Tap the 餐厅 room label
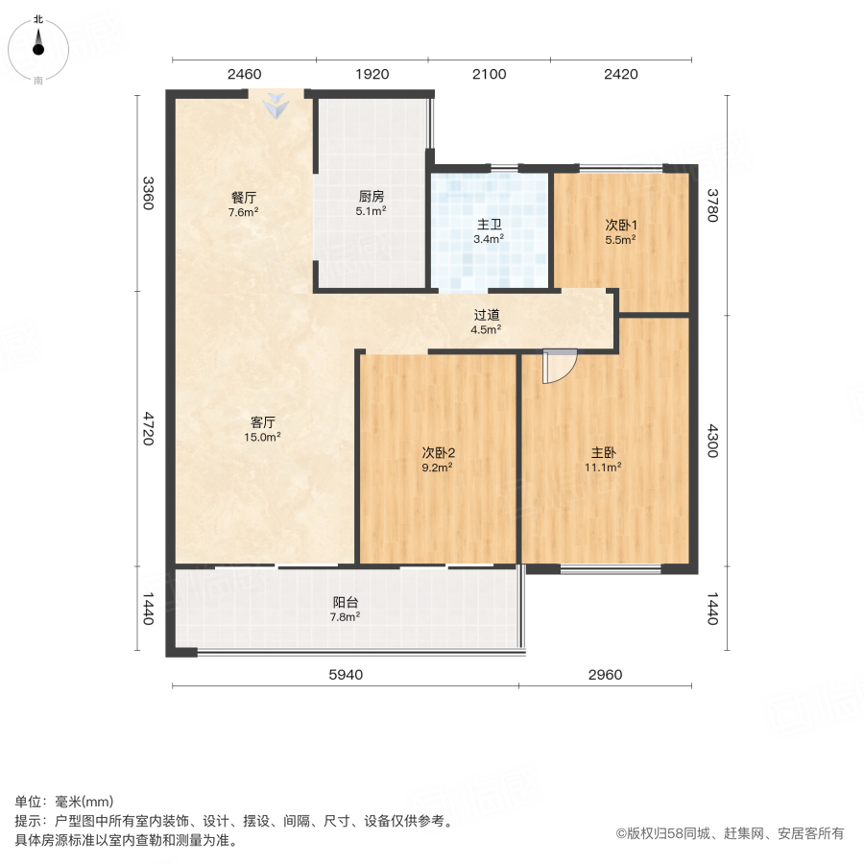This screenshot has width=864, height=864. pos(243,197)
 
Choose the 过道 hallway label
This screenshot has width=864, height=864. pos(487,314)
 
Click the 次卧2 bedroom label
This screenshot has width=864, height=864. pos(437,452)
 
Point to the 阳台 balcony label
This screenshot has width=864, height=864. pos(346,602)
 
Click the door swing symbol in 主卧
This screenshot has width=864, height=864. pos(557,366)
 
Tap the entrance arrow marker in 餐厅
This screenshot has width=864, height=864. pos(276,105)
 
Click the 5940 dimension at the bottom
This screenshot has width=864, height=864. pos(346,675)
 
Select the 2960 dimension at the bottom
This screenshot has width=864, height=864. pos(605,675)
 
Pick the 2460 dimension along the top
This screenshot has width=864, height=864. pos(244,75)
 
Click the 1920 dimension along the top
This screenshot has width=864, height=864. pos(372,75)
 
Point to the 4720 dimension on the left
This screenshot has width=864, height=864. pos(147,428)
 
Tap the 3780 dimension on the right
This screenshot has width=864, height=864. pos(712,204)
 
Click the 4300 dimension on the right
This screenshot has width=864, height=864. pos(712,441)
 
